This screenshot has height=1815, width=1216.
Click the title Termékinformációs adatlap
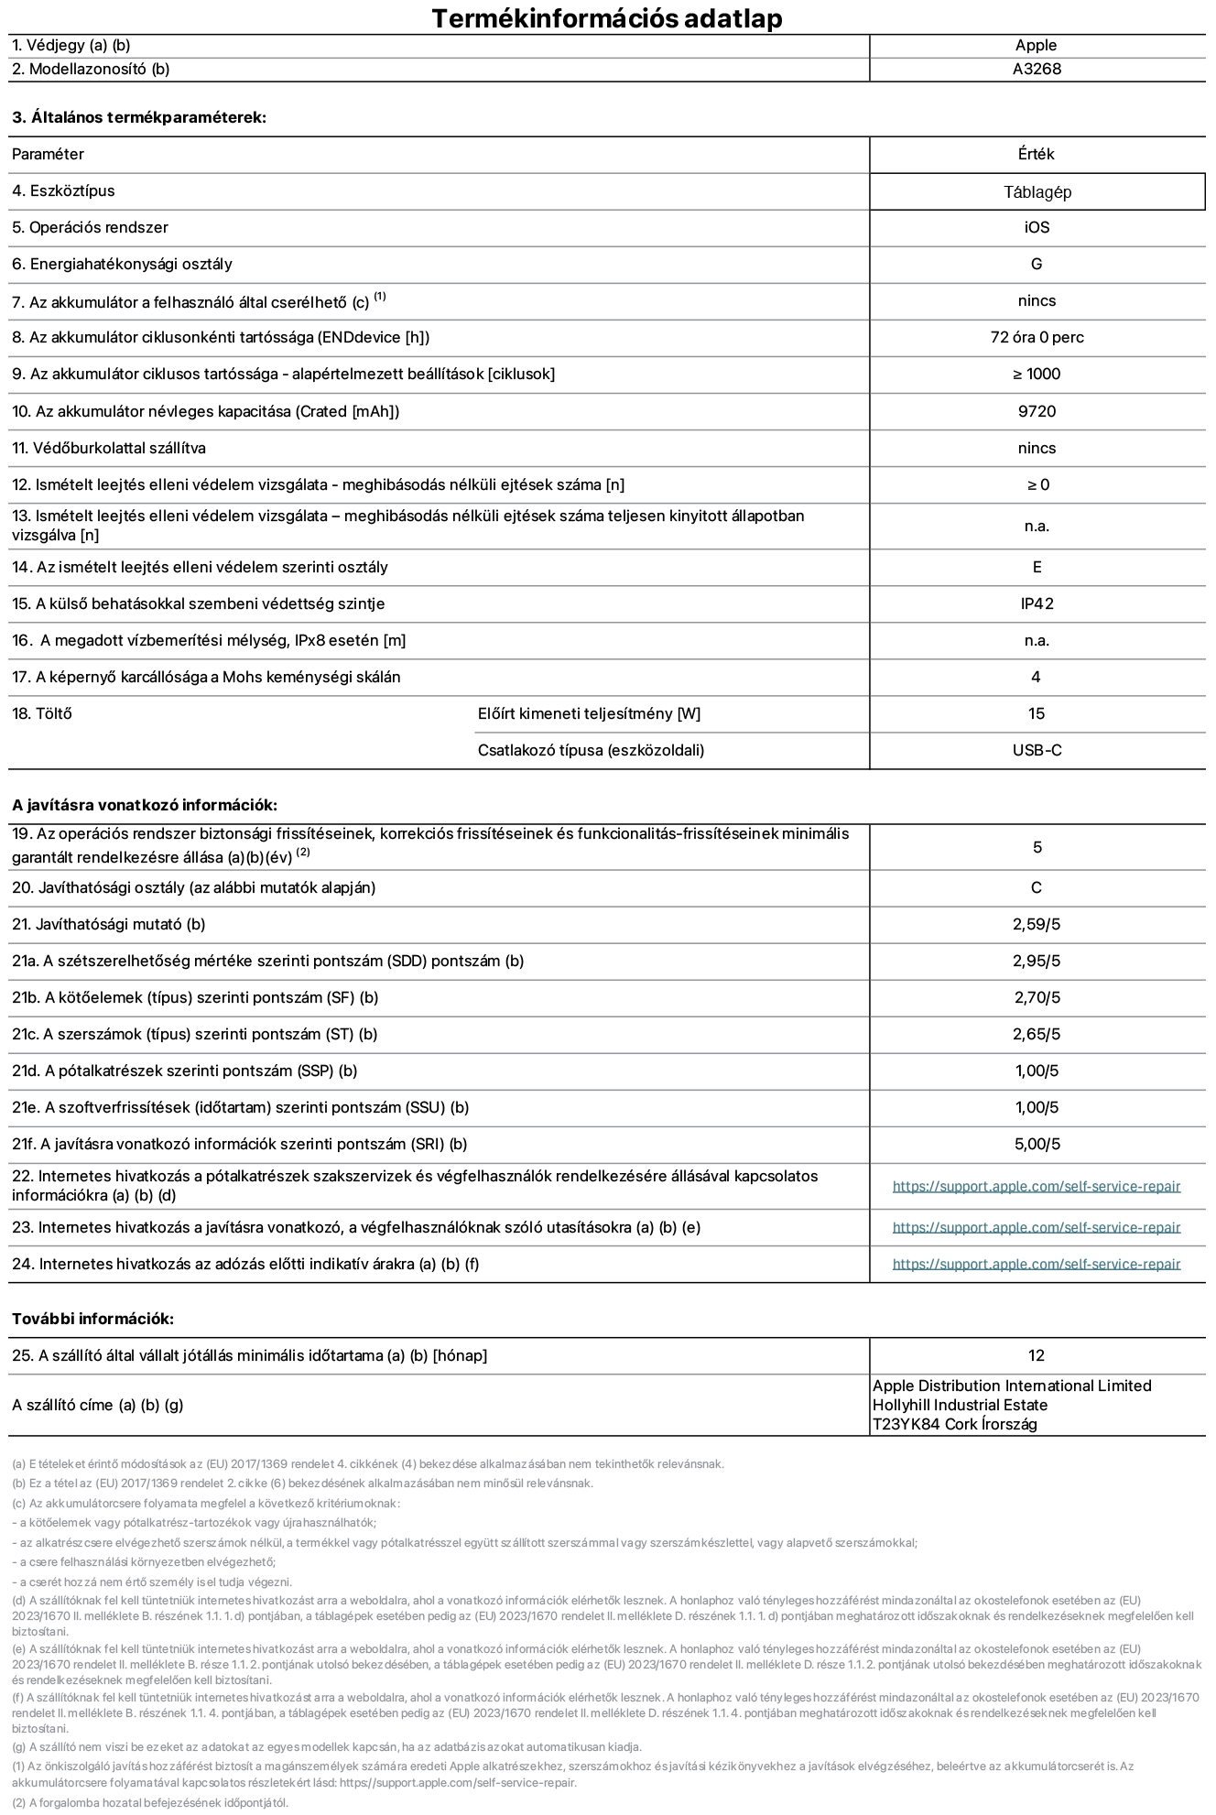point(606,18)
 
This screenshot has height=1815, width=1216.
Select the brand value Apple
point(1036,46)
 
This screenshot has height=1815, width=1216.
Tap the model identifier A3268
point(1037,70)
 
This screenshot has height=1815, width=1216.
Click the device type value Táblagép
point(1037,192)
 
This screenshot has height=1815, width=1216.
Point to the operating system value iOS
point(1037,228)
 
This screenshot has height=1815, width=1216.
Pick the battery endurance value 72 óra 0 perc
point(1037,338)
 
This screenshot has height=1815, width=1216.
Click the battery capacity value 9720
point(1037,412)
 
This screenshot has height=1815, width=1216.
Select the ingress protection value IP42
point(1037,604)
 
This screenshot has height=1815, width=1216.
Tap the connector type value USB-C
point(1037,751)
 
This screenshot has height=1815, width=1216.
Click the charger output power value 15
point(1037,714)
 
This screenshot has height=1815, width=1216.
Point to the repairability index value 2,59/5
point(1037,925)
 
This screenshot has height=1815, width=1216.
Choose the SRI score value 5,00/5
point(1037,1145)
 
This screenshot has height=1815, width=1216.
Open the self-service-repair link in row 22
point(1037,1187)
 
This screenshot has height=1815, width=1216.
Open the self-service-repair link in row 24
point(1037,1265)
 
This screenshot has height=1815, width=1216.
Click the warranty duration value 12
point(1037,1356)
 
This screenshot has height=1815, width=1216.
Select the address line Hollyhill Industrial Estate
point(960,1406)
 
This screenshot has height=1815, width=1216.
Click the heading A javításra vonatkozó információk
point(145,806)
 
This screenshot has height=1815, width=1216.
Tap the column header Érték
point(1036,155)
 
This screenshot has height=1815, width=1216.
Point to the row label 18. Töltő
point(42,714)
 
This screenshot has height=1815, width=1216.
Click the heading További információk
point(92,1320)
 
